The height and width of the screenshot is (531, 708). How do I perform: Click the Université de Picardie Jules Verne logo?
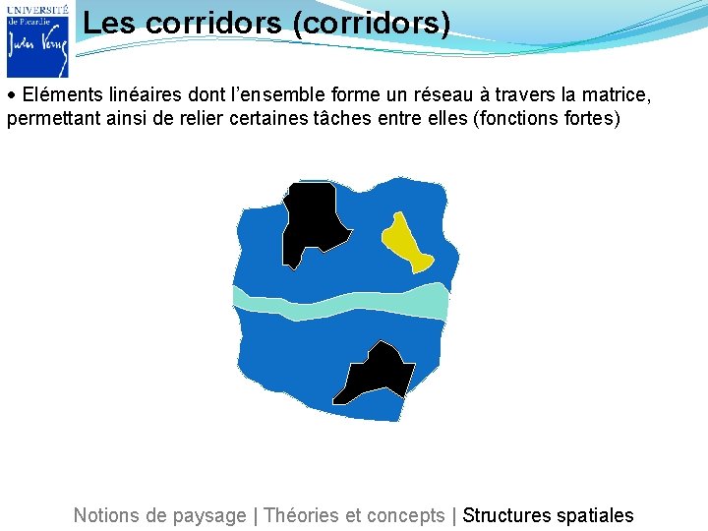tap(37, 39)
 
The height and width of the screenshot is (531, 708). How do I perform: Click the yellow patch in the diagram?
tap(405, 242)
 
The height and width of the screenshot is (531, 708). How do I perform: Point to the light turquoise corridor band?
tap(340, 302)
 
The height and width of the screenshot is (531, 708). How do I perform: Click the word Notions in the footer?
tap(106, 515)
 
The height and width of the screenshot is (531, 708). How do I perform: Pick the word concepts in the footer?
tap(405, 515)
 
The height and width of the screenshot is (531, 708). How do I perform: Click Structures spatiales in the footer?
tap(548, 515)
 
